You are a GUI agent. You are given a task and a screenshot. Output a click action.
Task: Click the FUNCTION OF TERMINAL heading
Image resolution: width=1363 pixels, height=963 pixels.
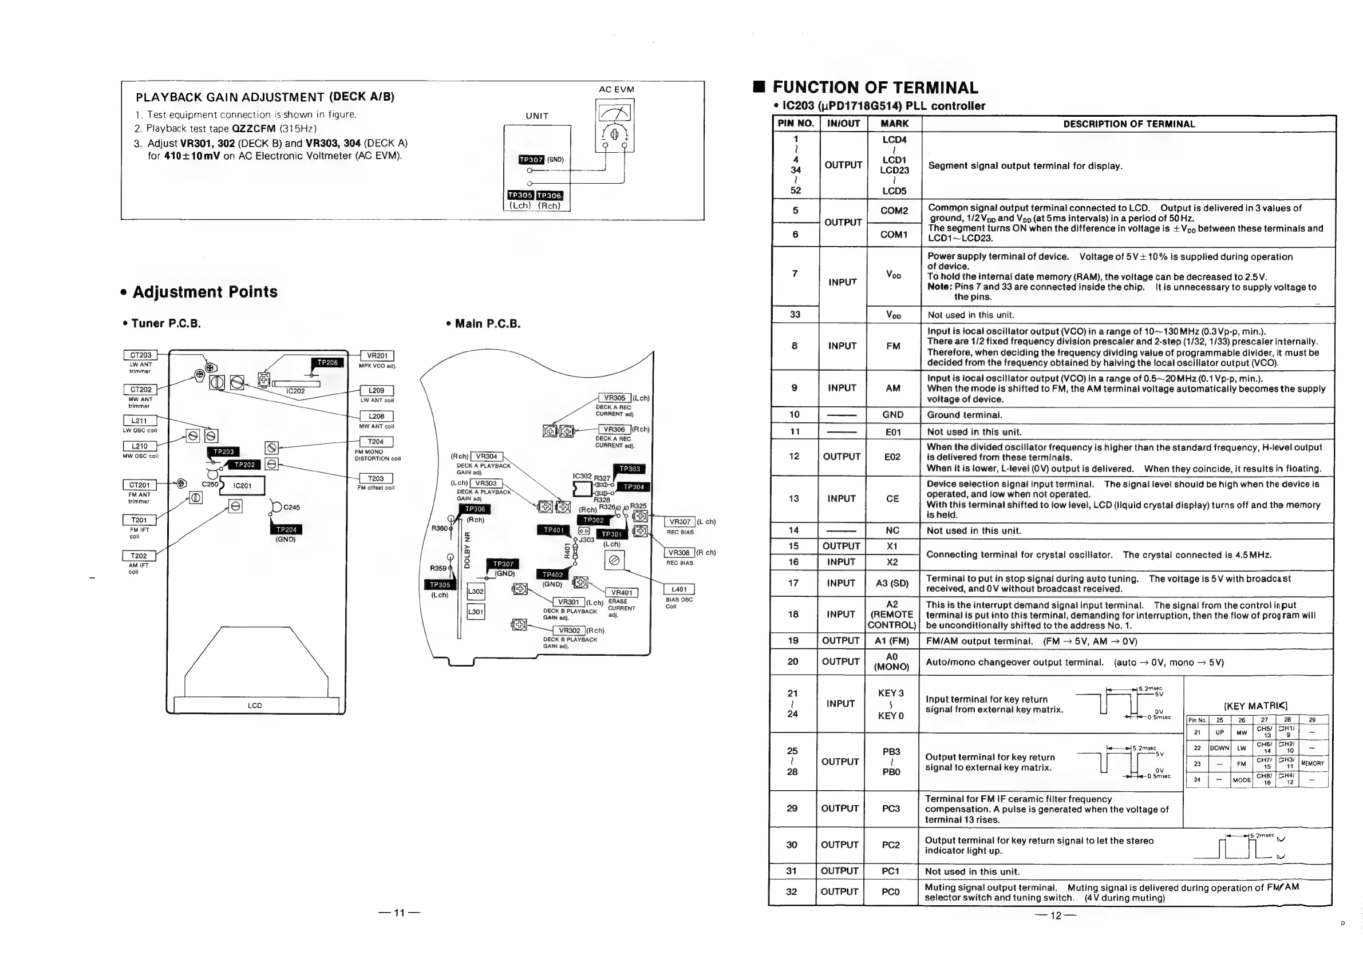pos(875,88)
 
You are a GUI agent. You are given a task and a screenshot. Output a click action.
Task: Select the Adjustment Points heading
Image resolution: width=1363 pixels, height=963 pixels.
pos(205,292)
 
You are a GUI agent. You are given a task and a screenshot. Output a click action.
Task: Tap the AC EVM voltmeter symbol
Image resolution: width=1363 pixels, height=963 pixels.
pos(614,125)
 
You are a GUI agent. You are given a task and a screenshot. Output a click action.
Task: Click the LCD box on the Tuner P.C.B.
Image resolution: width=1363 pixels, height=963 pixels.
pos(255,706)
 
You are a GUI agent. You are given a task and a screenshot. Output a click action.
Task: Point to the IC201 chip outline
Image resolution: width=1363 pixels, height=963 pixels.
pos(242,485)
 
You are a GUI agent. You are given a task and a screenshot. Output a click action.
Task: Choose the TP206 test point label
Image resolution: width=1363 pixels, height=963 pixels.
pos(327,363)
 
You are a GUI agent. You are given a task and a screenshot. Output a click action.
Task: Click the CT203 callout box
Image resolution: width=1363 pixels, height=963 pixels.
pos(141,355)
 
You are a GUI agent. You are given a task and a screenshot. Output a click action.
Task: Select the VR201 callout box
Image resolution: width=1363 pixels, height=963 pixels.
pos(377,356)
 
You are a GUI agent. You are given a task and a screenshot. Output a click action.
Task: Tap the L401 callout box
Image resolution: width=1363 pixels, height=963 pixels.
pos(678,589)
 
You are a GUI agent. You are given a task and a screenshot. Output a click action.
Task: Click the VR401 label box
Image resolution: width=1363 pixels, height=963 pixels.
pos(622,593)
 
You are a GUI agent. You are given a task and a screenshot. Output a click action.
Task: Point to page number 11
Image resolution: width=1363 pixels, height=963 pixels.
pos(399,913)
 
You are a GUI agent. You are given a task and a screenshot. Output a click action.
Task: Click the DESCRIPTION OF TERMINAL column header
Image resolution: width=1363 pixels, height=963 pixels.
pos(1128,124)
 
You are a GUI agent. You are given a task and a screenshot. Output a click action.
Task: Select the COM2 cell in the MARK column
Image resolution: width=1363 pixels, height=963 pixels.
pos(894,211)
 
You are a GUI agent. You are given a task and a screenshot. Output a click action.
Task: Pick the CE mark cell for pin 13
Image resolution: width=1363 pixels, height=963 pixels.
pos(892,499)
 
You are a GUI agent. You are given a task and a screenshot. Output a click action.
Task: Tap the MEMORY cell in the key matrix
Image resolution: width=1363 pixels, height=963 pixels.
pos(1312,764)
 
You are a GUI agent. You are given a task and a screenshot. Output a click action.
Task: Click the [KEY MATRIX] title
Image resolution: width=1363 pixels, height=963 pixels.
pos(1255,706)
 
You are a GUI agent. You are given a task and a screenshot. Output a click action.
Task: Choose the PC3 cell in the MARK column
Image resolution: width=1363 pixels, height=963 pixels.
pos(891,809)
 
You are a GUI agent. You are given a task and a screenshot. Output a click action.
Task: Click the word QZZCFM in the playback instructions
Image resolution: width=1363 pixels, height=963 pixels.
pos(254,129)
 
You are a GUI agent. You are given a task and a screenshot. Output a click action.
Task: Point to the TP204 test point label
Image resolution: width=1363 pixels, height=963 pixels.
pos(286,529)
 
